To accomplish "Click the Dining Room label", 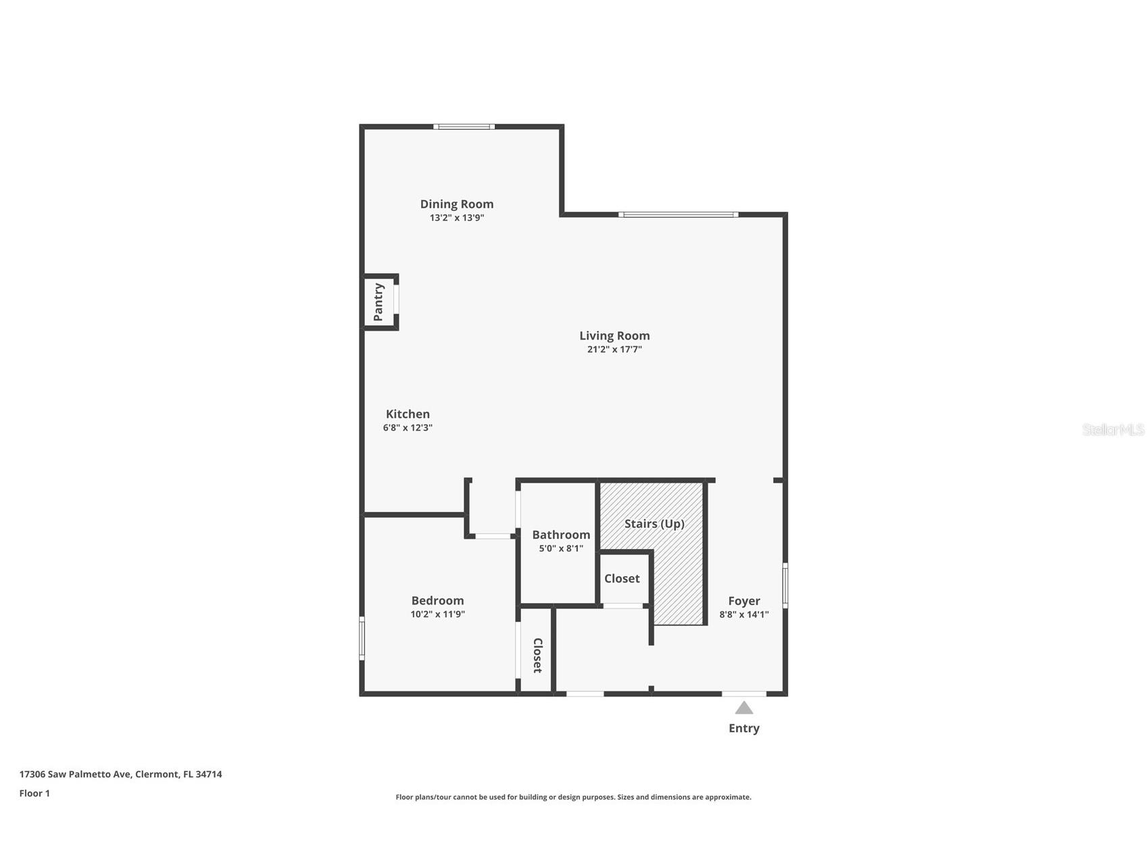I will [x=456, y=204].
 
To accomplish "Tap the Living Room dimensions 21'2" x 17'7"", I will [x=614, y=350].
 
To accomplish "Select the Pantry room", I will [x=379, y=302].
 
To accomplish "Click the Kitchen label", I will [x=408, y=414].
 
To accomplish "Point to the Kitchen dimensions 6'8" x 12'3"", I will [x=408, y=428].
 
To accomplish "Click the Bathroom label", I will [x=560, y=534].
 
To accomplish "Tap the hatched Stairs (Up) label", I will [x=654, y=523].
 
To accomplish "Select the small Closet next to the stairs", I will [x=622, y=578].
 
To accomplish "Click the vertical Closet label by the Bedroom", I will [x=537, y=654].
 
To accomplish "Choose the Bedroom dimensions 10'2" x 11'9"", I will [x=437, y=615].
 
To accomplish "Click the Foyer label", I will [x=743, y=600].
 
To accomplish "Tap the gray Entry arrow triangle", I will [x=743, y=708].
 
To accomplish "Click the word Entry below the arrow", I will [x=743, y=728].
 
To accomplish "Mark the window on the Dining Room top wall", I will [x=464, y=126].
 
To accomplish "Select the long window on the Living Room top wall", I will [x=678, y=214].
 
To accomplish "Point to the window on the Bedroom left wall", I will [x=362, y=638].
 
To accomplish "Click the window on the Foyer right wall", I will [x=785, y=585].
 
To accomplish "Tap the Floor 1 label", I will [x=34, y=793].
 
